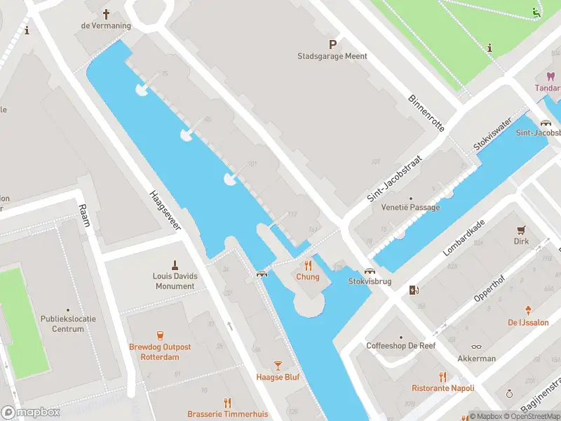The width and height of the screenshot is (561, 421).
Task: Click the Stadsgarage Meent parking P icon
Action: click(x=333, y=44)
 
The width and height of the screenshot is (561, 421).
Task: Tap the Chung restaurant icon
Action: click(x=307, y=265)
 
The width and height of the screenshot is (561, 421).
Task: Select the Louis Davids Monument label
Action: click(x=175, y=281)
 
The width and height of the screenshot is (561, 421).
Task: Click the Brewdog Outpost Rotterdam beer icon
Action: click(x=159, y=335)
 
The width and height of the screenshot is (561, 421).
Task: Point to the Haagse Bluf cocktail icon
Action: click(x=278, y=366)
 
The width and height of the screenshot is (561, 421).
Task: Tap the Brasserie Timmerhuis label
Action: click(x=227, y=414)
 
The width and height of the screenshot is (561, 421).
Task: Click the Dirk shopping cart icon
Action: click(x=520, y=229)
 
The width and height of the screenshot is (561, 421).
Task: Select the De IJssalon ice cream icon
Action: click(x=527, y=310)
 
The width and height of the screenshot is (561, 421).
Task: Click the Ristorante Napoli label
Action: click(x=442, y=388)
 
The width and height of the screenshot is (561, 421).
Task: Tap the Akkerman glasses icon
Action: click(x=476, y=346)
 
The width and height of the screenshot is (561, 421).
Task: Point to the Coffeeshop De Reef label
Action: click(x=401, y=346)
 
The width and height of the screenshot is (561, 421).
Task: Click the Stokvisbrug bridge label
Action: click(x=370, y=281)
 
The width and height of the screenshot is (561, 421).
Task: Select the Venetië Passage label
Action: click(x=410, y=207)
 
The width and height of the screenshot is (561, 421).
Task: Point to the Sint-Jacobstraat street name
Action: click(x=394, y=179)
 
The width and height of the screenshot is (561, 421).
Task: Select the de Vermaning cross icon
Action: click(x=107, y=14)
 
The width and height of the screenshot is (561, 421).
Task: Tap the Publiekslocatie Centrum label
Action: click(x=67, y=323)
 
